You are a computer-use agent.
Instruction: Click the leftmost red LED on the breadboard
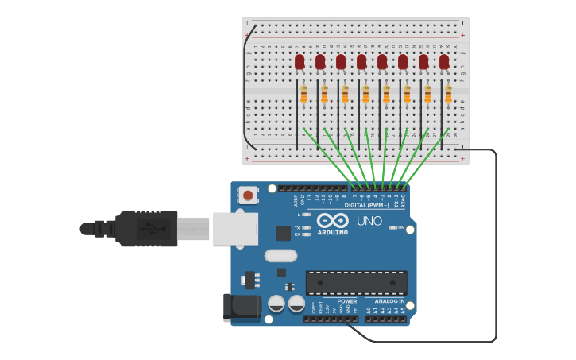tap(300, 61)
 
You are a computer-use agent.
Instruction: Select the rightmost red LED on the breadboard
tap(444, 61)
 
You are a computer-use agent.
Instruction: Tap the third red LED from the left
tap(341, 61)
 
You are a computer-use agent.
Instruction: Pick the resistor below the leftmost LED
tap(303, 95)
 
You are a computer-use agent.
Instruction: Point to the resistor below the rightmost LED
tap(448, 95)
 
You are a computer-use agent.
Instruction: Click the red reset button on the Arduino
tap(249, 195)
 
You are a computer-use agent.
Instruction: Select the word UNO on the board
tap(369, 221)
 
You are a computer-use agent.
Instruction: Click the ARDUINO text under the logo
tap(332, 232)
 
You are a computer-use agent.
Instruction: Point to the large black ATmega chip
tap(356, 282)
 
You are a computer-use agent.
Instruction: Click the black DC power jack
tap(241, 307)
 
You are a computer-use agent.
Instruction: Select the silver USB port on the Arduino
tap(235, 229)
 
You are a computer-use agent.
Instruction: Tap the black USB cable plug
tap(146, 229)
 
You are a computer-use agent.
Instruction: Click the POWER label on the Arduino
tap(347, 301)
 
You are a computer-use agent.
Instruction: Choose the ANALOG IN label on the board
tap(390, 301)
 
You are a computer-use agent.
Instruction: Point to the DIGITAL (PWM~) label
tap(366, 205)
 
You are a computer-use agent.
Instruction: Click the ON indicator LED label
tap(401, 228)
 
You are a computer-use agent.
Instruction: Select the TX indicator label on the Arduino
tap(297, 227)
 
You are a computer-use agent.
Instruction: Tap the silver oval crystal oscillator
tap(280, 256)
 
